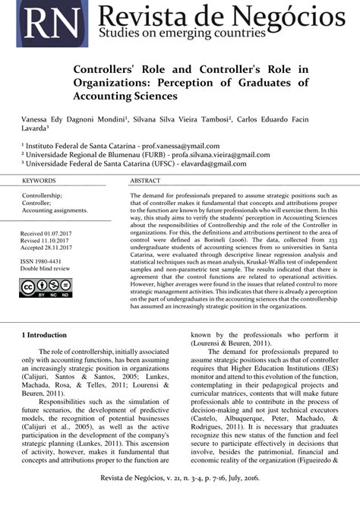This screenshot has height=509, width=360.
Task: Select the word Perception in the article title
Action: coord(225,82)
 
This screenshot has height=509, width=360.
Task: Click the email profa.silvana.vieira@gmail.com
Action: coord(198,154)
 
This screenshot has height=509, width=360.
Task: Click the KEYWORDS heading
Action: coord(39,181)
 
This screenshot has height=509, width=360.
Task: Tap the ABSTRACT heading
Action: coord(145,181)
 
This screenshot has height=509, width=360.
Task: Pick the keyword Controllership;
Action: coord(43,195)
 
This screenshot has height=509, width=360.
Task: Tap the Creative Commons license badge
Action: coord(45,288)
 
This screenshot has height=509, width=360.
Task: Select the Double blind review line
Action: coord(45,269)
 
